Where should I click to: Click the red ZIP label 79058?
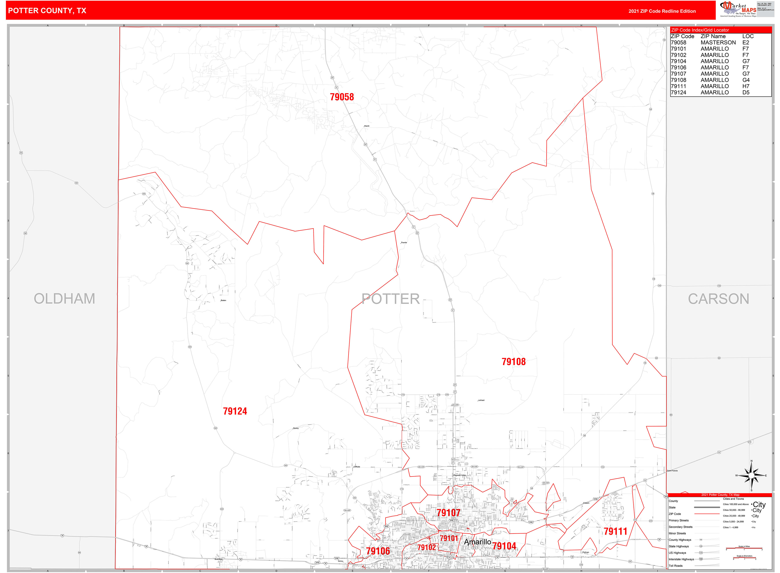tap(342, 97)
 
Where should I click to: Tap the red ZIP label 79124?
tap(235, 411)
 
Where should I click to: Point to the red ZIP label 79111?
tap(615, 531)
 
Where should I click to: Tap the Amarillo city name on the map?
tap(477, 542)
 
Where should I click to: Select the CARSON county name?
tap(718, 299)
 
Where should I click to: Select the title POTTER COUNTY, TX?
tap(47, 11)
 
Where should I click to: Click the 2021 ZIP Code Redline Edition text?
tap(662, 11)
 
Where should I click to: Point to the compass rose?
tap(751, 476)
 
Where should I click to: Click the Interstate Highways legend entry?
tap(681, 559)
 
